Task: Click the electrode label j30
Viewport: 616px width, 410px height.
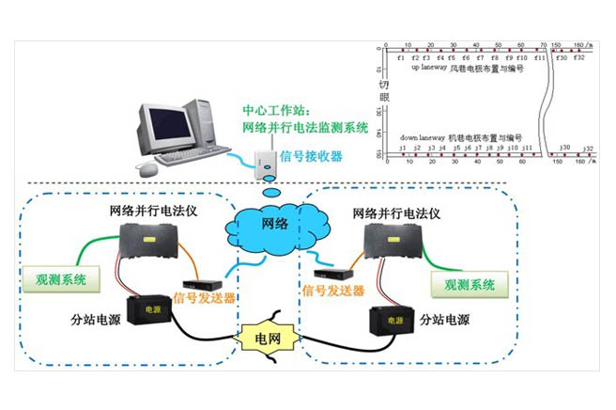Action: (x=562, y=147)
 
